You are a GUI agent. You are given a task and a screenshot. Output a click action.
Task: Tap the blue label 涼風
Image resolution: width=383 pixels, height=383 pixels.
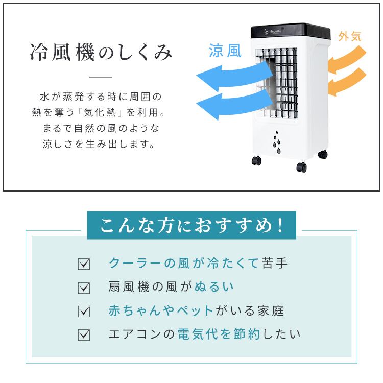tap(224, 52)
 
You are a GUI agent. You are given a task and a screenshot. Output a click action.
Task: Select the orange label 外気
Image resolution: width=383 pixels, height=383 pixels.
tap(350, 36)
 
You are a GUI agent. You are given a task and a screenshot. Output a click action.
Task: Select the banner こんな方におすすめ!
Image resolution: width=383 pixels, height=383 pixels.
tap(191, 225)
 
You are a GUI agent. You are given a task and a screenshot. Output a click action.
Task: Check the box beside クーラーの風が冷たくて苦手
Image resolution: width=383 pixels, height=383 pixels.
tap(84, 265)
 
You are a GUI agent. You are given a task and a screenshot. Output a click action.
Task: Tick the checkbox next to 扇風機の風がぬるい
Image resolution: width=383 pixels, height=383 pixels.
tap(84, 288)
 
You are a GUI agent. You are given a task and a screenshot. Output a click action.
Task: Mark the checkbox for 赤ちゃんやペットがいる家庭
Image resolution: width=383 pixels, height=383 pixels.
tap(84, 312)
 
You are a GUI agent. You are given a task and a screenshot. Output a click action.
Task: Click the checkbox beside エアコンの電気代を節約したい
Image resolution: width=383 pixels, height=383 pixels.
tap(84, 335)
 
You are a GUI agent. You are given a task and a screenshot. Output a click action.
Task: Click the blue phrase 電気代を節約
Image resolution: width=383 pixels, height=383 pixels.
tap(219, 334)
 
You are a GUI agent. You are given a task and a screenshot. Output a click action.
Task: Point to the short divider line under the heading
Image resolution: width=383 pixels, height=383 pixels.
tap(101, 77)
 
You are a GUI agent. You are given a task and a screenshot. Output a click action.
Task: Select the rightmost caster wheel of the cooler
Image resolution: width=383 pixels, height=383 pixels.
tap(322, 154)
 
